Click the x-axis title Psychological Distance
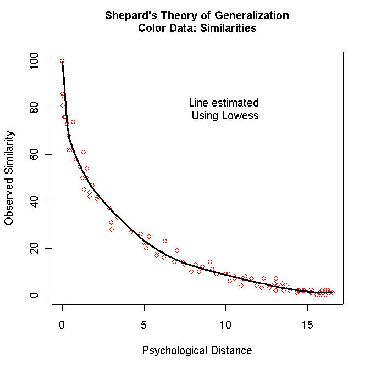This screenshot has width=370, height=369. pyautogui.click(x=197, y=350)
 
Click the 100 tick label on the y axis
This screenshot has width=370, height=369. pyautogui.click(x=35, y=61)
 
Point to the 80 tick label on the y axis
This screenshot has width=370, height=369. pyautogui.click(x=35, y=108)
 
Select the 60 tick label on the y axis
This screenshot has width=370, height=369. pyautogui.click(x=35, y=155)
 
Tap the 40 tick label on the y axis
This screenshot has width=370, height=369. pyautogui.click(x=35, y=202)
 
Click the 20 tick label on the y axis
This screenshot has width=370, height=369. pyautogui.click(x=35, y=248)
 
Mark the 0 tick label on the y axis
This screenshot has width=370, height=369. pyautogui.click(x=35, y=295)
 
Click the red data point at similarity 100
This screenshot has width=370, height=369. pyautogui.click(x=62, y=61)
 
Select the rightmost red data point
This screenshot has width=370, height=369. pyautogui.click(x=332, y=293)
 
